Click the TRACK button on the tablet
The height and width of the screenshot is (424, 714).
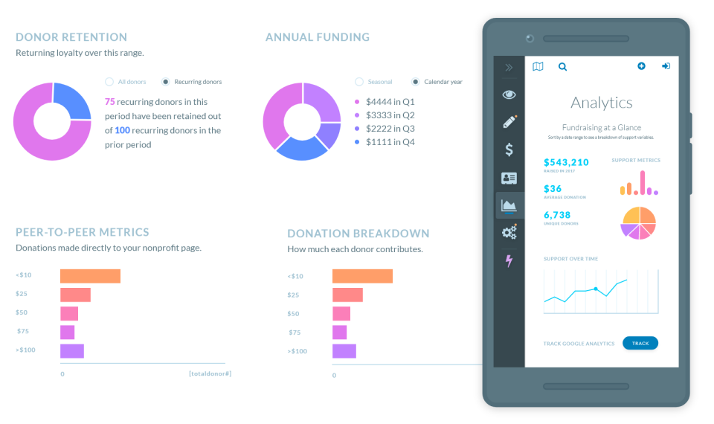point(640,343)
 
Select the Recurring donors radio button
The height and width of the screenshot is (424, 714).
point(166,82)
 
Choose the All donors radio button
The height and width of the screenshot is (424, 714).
point(109,82)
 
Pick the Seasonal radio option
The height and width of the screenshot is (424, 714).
point(359,82)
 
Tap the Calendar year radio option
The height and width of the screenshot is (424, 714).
point(416,82)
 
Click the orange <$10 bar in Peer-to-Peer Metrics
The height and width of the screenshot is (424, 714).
point(90,276)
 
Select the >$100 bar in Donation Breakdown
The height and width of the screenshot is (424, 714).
point(344,351)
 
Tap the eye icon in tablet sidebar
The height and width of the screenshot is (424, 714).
point(509,94)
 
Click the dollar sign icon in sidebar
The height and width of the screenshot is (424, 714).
point(509,150)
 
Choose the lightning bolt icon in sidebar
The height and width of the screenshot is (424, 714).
point(509,260)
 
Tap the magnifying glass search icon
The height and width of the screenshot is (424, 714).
point(562,67)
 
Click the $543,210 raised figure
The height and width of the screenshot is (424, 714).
point(566,162)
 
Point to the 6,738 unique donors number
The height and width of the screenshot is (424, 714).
point(562,214)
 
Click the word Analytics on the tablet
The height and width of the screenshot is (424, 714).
point(601,103)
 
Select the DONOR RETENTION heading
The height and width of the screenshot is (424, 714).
point(71,37)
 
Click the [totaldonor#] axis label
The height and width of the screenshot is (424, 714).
point(210,373)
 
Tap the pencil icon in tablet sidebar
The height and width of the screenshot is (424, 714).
point(509,122)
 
